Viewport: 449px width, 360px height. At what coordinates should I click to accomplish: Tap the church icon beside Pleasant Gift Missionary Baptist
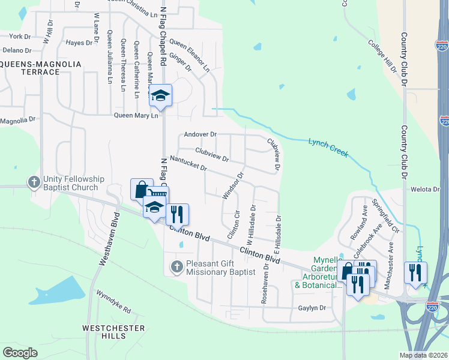(176, 266)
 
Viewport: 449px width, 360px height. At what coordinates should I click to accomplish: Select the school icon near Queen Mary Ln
(160, 95)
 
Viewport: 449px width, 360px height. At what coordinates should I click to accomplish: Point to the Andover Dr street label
(200, 134)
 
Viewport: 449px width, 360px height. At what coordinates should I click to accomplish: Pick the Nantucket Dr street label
(188, 162)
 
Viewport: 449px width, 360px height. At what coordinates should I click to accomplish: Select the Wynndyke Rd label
(113, 301)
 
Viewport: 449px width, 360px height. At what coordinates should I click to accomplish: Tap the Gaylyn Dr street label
(311, 308)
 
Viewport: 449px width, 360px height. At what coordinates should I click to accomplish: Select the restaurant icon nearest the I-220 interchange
(415, 272)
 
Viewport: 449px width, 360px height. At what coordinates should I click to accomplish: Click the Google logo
(20, 353)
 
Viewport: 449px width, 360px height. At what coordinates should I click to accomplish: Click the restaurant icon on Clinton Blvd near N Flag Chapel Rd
(177, 214)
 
